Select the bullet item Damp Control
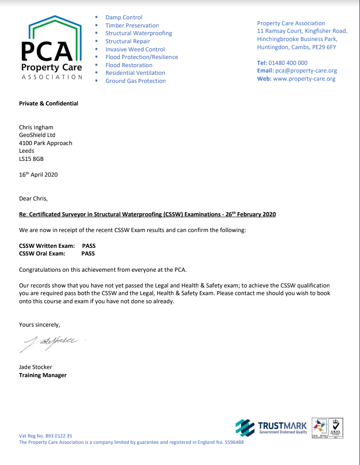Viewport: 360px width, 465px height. tap(124, 18)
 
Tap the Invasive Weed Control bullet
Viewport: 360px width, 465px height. tap(135, 49)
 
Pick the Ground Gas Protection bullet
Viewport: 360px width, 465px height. tap(136, 81)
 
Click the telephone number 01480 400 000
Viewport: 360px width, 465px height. tap(288, 63)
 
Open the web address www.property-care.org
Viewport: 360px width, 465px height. tap(304, 79)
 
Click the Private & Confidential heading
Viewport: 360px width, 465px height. tap(49, 103)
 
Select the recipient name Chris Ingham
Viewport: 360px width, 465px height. tap(36, 128)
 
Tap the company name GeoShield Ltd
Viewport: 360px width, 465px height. tap(37, 135)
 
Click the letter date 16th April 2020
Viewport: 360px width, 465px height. tap(38, 175)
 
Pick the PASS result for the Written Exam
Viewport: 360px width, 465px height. tap(89, 246)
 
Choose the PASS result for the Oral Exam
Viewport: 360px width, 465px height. tap(88, 254)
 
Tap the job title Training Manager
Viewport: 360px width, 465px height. tap(43, 375)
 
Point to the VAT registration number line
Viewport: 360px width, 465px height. tap(46, 436)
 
